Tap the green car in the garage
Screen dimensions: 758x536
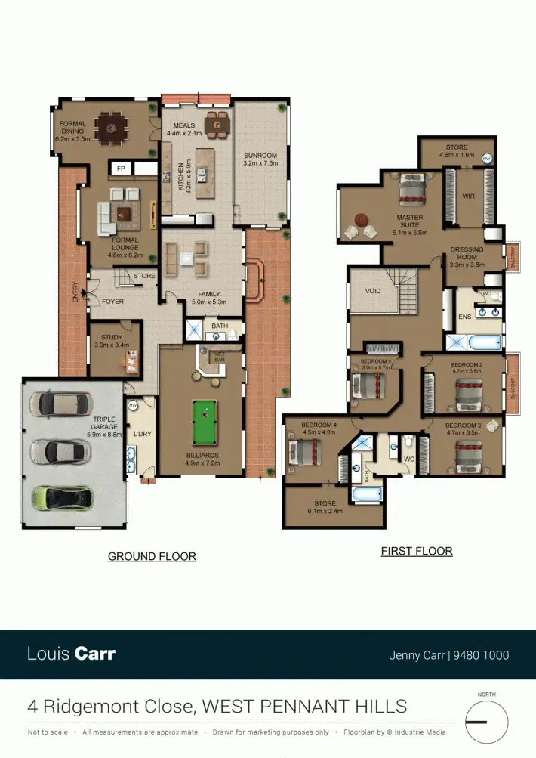pos(63,497)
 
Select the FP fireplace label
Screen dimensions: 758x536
pos(119,169)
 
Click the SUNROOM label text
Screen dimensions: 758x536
pos(260,155)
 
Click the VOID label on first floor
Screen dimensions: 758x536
pos(372,291)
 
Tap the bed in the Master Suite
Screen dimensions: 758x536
pos(411,190)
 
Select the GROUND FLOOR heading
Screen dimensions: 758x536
pos(152,557)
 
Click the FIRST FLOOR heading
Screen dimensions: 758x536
pos(417,552)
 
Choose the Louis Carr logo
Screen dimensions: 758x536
pos(71,654)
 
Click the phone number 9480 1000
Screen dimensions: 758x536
pos(481,655)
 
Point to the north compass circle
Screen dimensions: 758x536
pos(486,722)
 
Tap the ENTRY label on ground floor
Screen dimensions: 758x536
pos(75,293)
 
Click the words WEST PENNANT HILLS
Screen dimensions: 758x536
pos(305,707)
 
